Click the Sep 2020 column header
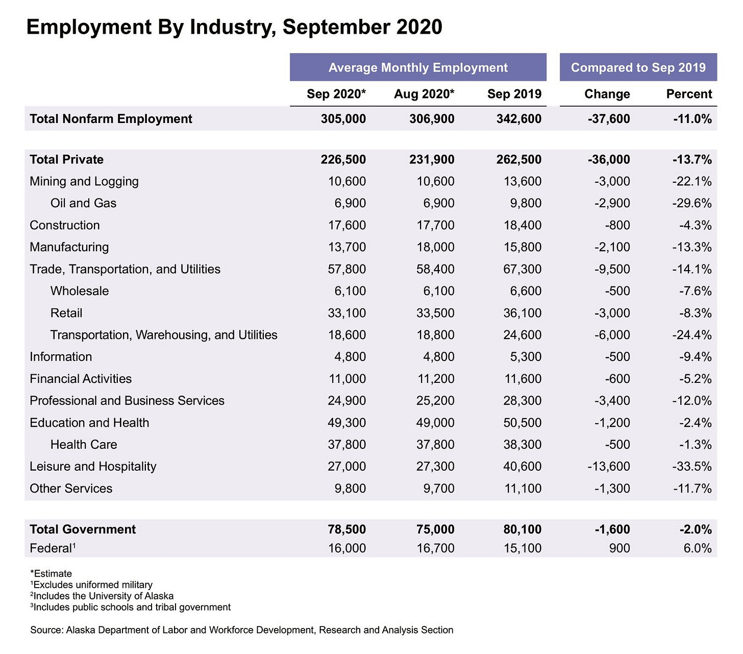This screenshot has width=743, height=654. click(336, 94)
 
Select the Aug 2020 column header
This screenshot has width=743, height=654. click(424, 94)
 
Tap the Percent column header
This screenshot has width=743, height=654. click(689, 94)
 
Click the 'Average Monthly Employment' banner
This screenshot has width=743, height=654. click(418, 67)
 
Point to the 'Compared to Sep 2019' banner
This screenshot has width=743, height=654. click(638, 67)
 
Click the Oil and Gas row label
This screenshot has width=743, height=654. click(83, 203)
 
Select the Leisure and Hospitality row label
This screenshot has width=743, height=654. click(93, 467)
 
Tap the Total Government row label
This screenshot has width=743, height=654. click(83, 529)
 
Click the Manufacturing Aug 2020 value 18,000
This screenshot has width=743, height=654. click(435, 247)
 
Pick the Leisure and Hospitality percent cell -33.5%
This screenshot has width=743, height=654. click(692, 467)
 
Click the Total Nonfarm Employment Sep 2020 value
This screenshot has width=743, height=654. click(343, 119)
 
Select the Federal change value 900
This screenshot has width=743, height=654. click(619, 548)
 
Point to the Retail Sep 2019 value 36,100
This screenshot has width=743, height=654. click(522, 313)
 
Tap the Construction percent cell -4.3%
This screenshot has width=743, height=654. click(695, 225)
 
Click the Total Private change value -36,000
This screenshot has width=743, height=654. click(609, 159)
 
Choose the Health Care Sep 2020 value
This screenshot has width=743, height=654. click(346, 445)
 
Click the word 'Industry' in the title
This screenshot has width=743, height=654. click(233, 27)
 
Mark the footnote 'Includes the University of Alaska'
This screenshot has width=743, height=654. click(102, 596)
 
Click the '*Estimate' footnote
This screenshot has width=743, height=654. click(51, 573)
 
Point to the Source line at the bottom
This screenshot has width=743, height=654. click(241, 630)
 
